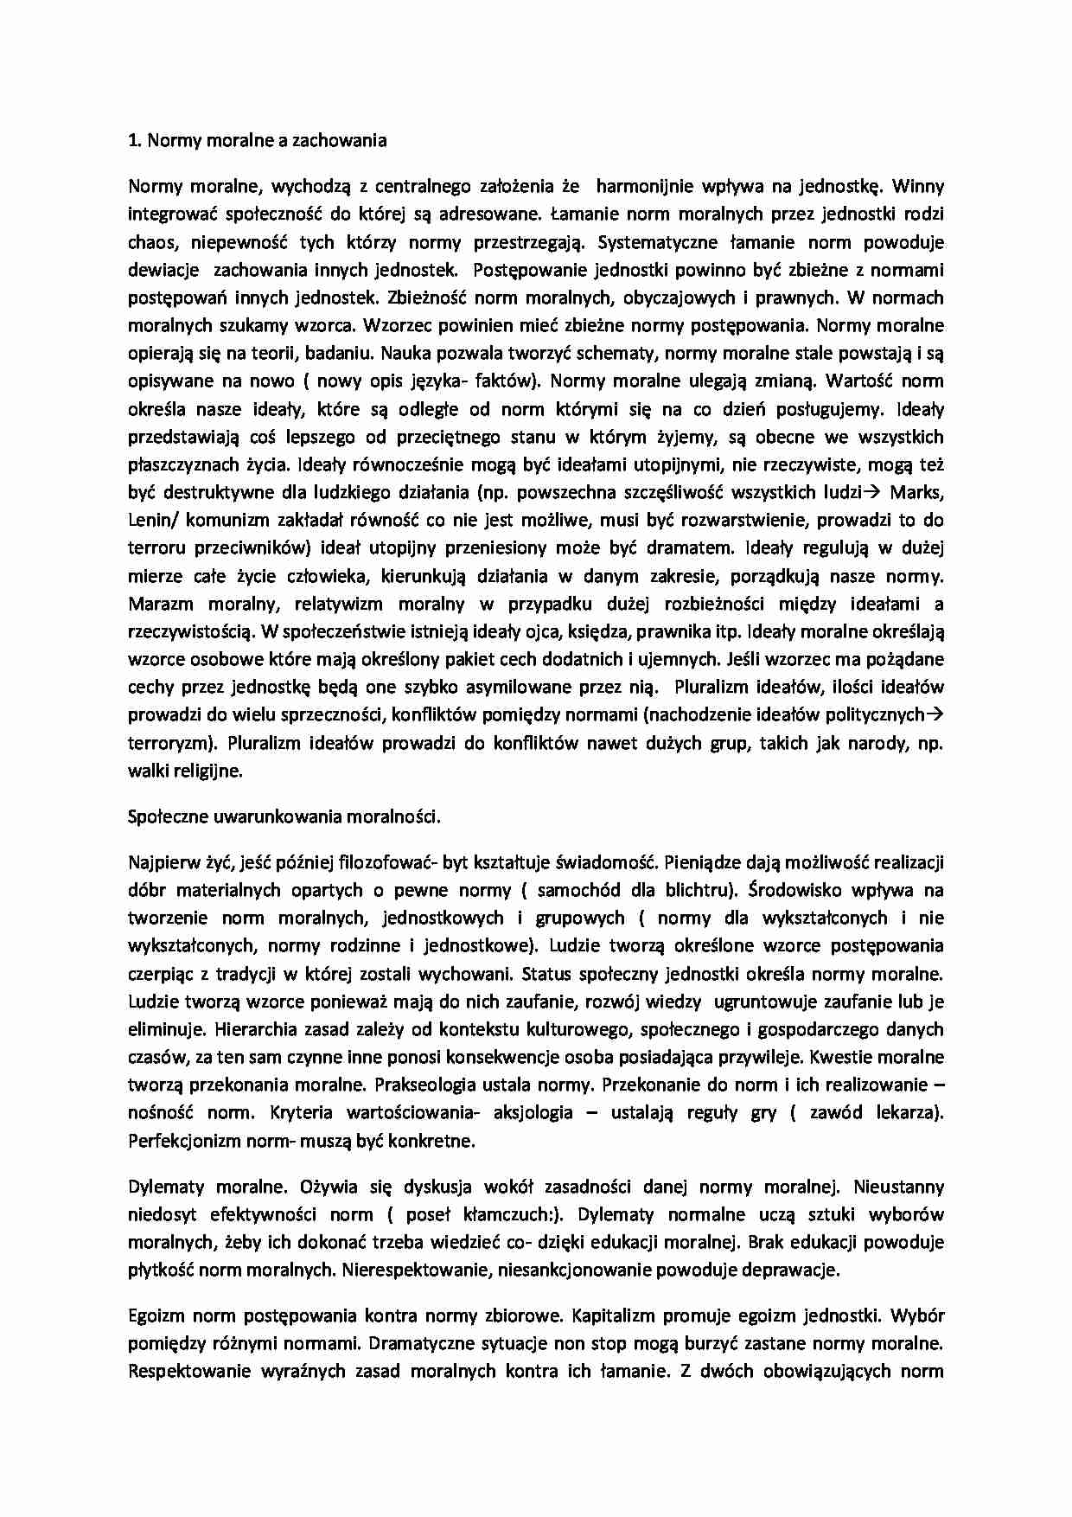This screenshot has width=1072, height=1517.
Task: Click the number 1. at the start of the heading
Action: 135,140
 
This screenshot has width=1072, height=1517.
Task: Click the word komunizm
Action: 222,521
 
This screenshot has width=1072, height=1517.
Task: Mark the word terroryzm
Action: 166,743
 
